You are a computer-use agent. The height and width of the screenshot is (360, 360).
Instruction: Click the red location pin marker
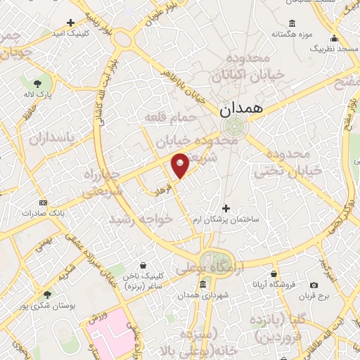(181, 165)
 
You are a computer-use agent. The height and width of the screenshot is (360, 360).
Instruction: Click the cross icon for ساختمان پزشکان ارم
(226, 208)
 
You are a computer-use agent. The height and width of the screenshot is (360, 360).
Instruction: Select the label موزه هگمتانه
(292, 34)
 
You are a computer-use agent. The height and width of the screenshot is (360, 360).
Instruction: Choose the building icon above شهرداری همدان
(203, 284)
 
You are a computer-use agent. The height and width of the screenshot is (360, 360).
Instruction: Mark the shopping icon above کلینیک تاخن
(143, 266)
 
